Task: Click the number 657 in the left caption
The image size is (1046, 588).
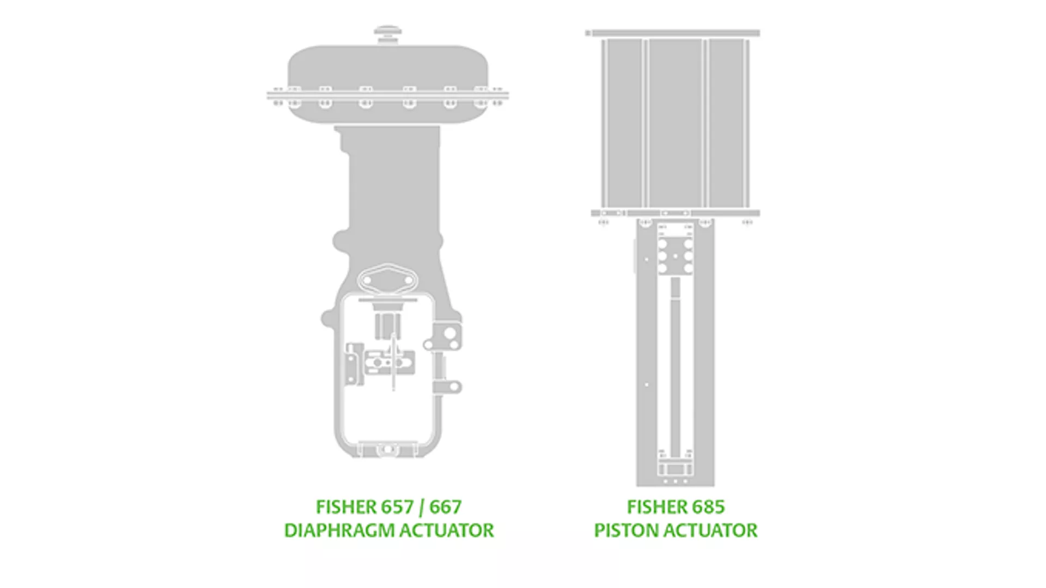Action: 397,507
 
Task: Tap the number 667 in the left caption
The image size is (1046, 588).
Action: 446,507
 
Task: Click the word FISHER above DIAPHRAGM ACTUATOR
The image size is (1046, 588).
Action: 345,507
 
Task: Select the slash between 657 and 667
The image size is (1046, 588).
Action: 421,507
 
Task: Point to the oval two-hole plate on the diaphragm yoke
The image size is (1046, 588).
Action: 387,280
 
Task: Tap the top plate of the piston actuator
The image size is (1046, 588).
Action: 673,33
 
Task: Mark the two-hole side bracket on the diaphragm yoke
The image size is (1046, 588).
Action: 448,338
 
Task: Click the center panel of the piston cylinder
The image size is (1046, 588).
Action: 676,122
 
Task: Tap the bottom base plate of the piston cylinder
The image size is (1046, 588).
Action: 676,213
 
